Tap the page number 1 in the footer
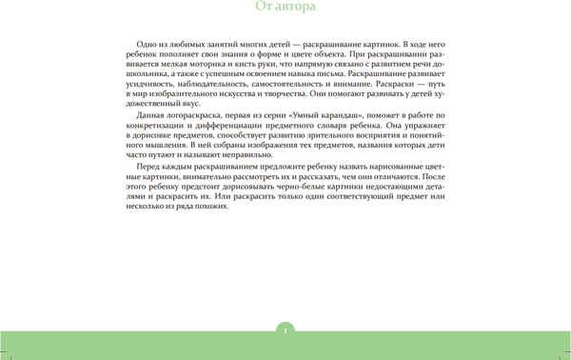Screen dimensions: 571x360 285,330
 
